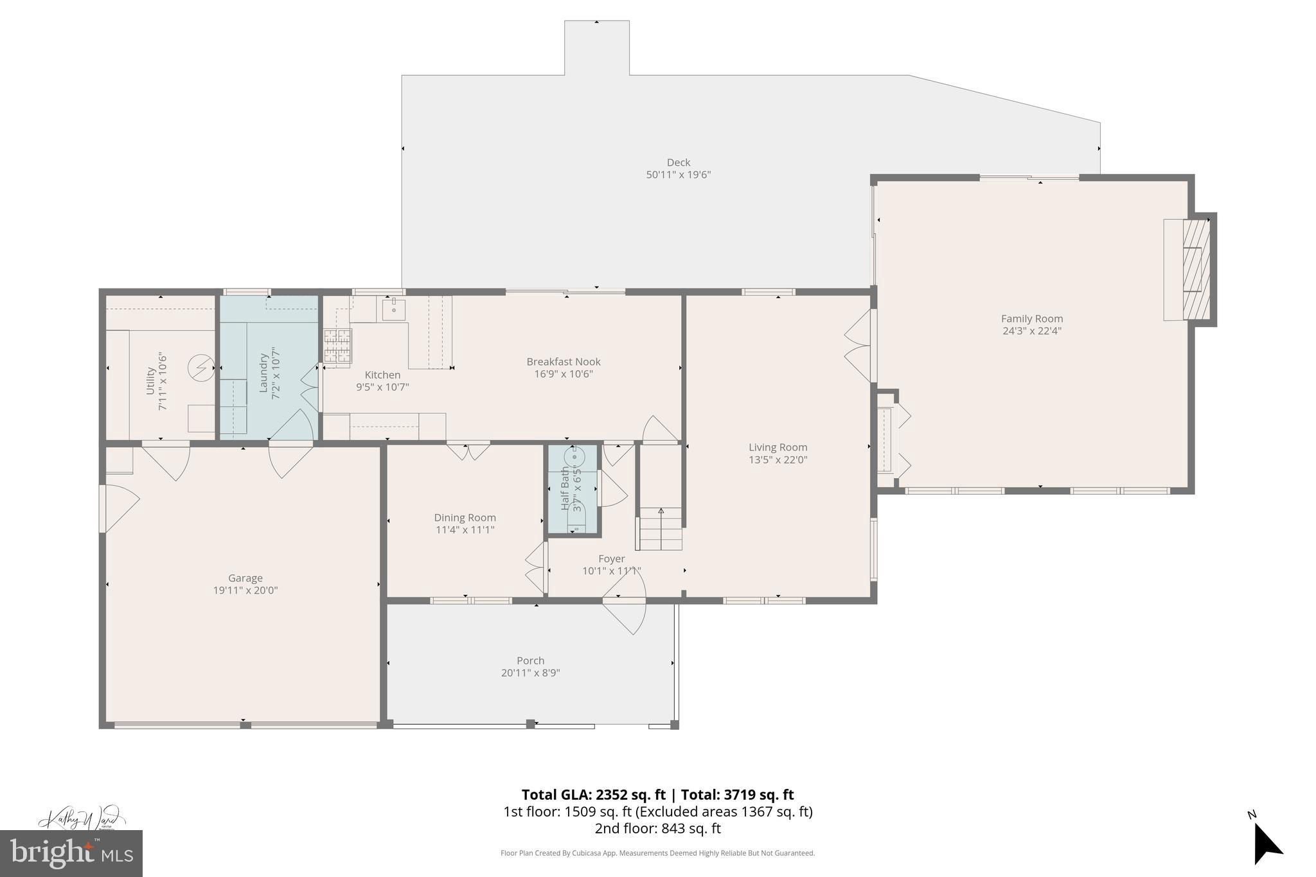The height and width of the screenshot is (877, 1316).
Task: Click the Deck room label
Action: (x=678, y=163)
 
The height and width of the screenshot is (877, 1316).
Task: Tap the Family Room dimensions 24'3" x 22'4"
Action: (x=1031, y=331)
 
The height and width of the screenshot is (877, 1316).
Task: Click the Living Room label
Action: (x=778, y=447)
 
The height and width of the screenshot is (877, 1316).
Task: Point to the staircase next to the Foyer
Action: (x=660, y=528)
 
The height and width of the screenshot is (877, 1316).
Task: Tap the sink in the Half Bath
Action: (x=574, y=457)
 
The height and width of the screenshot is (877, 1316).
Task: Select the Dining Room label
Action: (x=465, y=517)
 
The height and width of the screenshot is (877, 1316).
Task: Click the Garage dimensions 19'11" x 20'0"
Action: (x=245, y=590)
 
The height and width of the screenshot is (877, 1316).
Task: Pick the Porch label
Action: (x=530, y=660)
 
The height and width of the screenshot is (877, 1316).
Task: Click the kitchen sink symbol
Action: (x=393, y=309)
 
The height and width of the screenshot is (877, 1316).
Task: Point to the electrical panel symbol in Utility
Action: (x=201, y=368)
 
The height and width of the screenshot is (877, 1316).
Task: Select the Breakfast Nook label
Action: (x=564, y=362)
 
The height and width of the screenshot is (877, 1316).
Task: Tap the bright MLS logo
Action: (x=71, y=853)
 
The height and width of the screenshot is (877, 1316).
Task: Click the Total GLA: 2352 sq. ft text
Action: (x=592, y=795)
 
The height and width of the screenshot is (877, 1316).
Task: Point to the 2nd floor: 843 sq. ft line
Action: (x=657, y=829)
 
